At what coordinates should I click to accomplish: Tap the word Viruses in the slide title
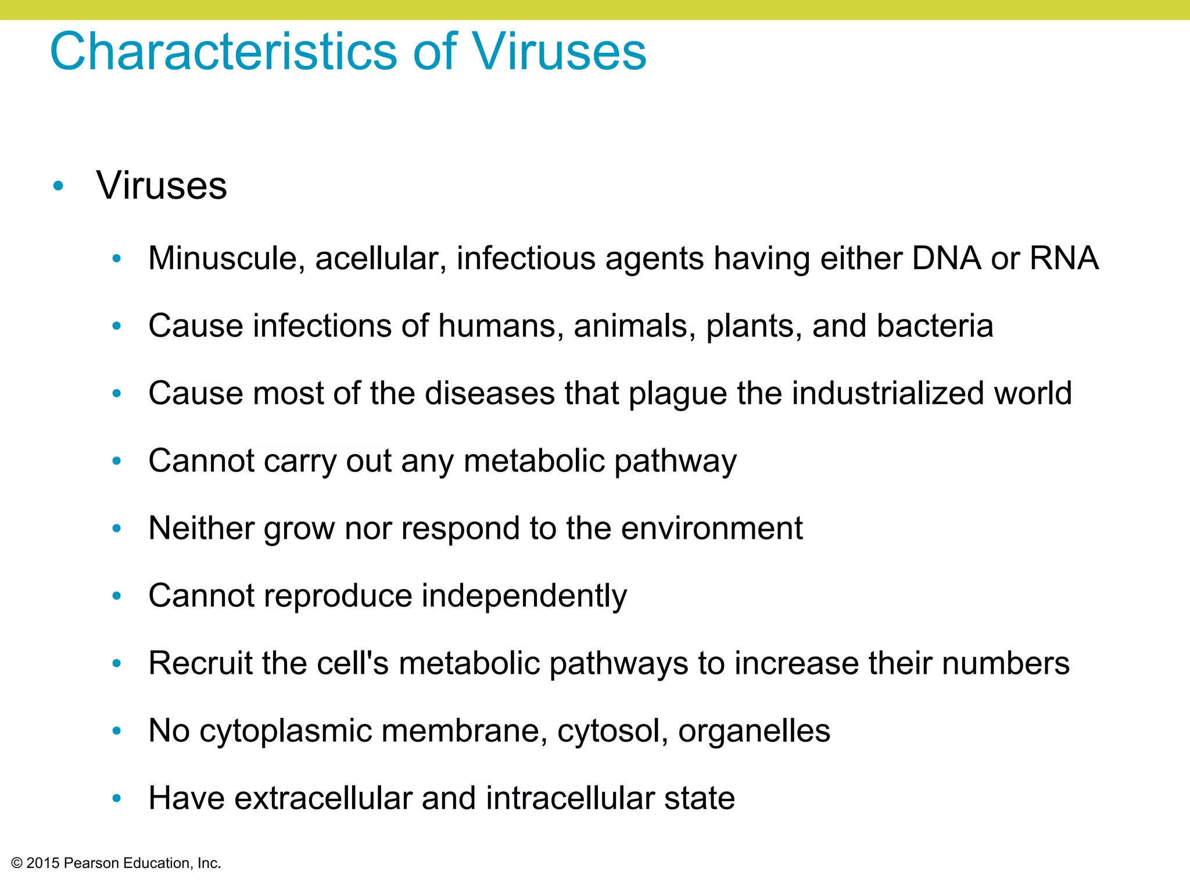[x=559, y=52]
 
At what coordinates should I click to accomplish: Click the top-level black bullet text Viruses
[x=162, y=186]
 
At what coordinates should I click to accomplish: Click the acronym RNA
[x=1064, y=258]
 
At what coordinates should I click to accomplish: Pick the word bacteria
[x=935, y=326]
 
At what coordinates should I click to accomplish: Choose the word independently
[x=524, y=596]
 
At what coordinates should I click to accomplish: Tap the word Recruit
[x=200, y=663]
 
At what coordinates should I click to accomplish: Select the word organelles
[x=754, y=731]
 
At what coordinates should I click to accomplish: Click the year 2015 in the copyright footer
[x=43, y=863]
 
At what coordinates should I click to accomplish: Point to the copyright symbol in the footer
[x=17, y=863]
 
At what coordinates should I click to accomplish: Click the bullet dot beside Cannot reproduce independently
[x=117, y=596]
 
